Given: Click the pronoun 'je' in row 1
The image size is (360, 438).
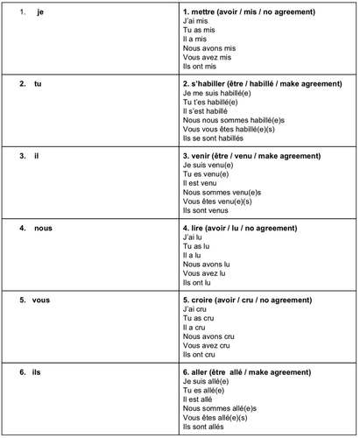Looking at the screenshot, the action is (41, 10).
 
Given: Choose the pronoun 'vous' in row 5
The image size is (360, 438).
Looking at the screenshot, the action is (41, 300).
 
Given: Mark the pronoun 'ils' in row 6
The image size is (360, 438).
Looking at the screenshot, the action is (37, 372).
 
